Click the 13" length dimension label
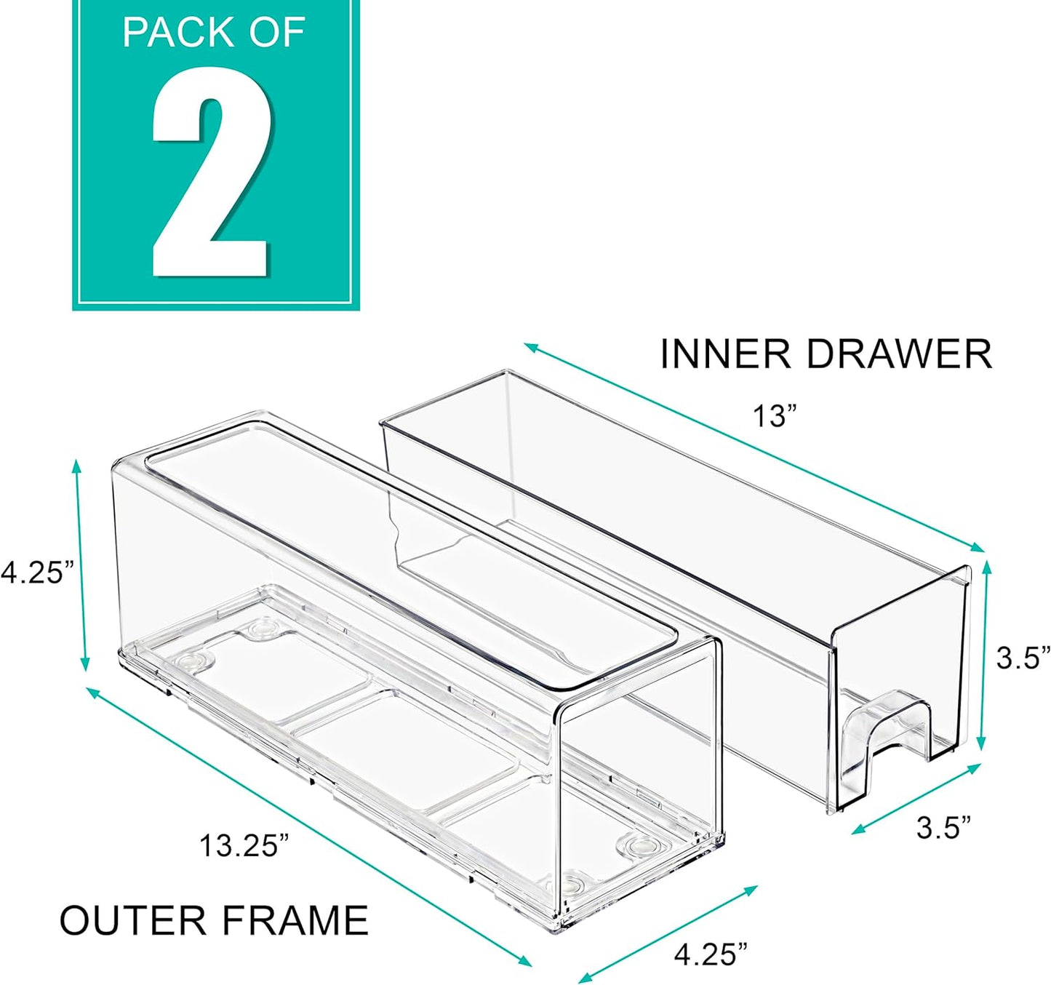tap(774, 417)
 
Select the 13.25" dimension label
tap(244, 846)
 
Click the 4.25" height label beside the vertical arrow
tap(36, 572)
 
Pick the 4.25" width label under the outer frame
tap(710, 954)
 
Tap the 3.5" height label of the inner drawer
tap(1023, 658)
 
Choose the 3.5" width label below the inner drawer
tap(943, 828)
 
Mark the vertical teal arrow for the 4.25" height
tap(80, 565)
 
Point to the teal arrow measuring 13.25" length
tap(309, 826)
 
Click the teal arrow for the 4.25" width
tap(668, 933)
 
